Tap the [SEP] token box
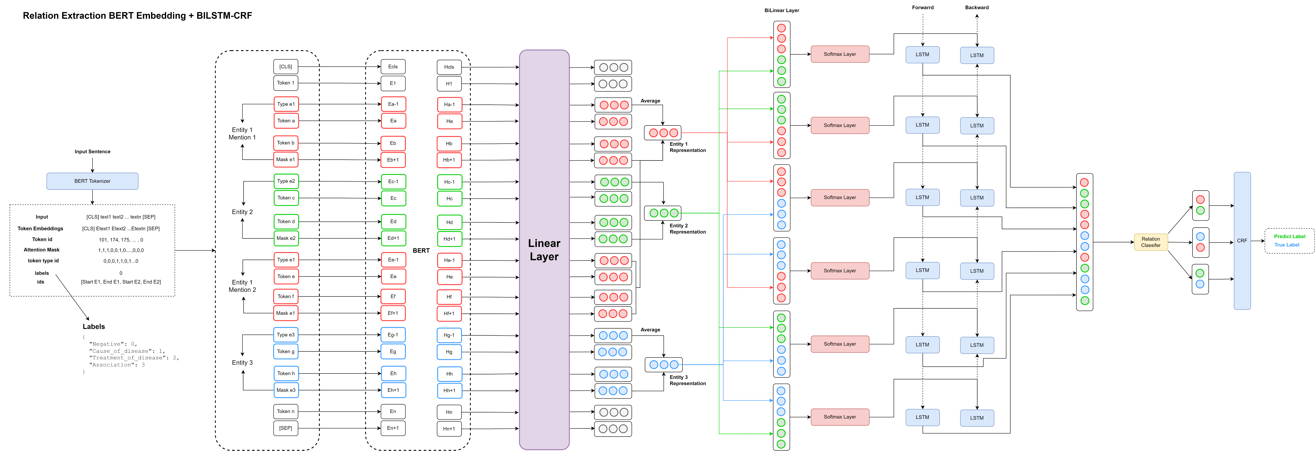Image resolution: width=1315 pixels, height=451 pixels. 285,428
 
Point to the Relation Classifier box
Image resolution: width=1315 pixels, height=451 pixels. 1151,242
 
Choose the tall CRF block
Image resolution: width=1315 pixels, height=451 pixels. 1242,241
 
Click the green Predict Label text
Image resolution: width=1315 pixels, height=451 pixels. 1290,236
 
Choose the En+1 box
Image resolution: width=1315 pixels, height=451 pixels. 393,428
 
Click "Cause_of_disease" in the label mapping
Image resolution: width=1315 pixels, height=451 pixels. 121,351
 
